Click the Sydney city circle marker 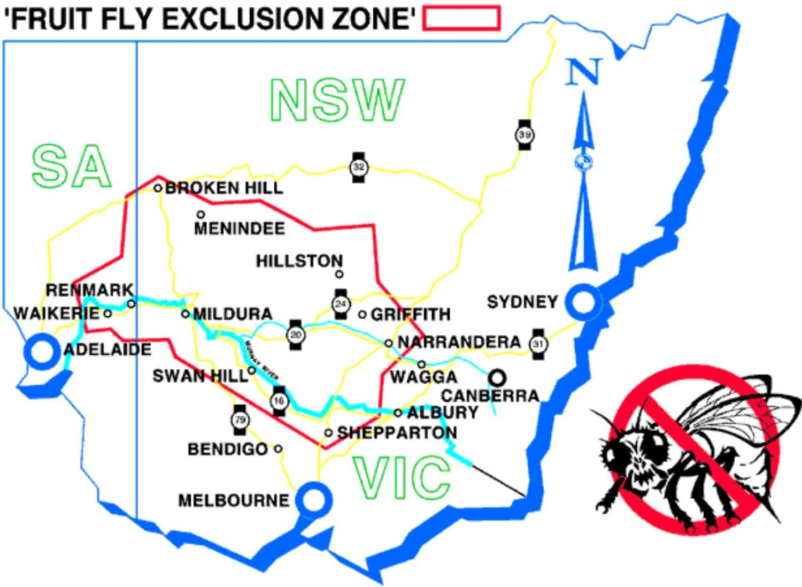click(x=583, y=302)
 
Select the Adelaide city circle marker click(x=42, y=352)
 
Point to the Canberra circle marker click(x=497, y=378)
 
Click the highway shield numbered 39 click(x=525, y=135)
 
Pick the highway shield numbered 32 click(x=359, y=167)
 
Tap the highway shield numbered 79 click(x=240, y=420)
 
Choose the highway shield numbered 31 click(x=538, y=344)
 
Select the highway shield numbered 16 click(x=279, y=401)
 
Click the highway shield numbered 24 click(x=341, y=304)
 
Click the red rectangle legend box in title click(x=461, y=18)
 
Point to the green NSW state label click(x=337, y=100)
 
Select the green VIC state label click(x=401, y=477)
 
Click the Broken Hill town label click(x=224, y=188)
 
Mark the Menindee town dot click(x=201, y=215)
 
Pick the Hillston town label click(x=299, y=261)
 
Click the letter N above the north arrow click(x=584, y=72)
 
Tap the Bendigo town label click(x=227, y=449)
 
